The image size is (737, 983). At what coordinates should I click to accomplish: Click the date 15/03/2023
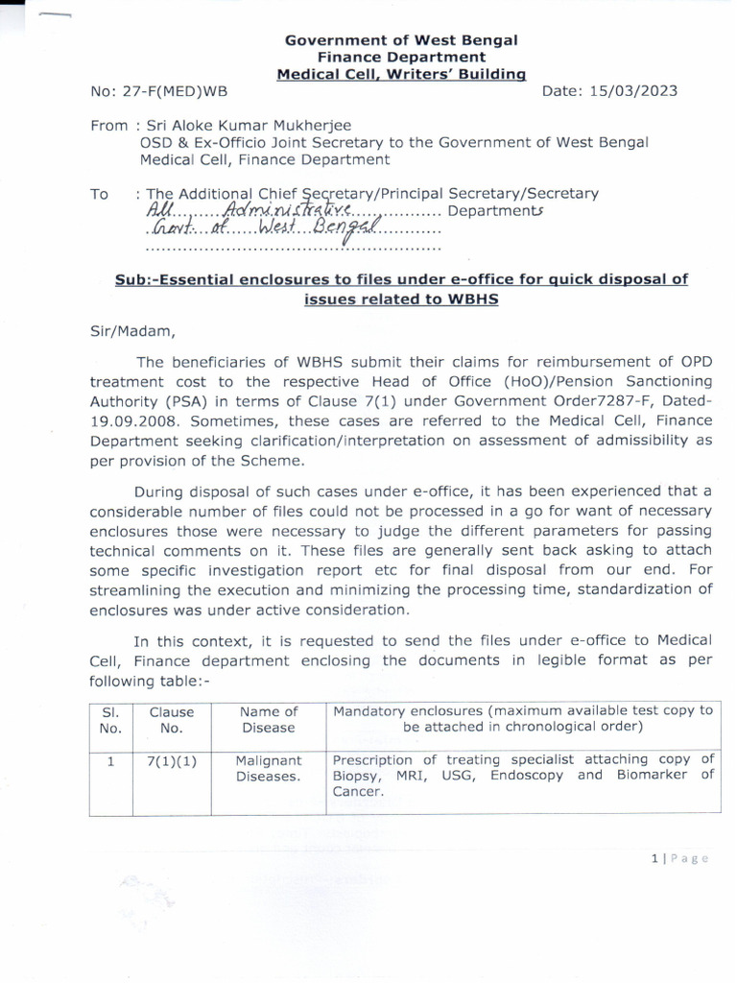click(630, 91)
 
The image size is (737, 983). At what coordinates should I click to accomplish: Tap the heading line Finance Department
click(401, 57)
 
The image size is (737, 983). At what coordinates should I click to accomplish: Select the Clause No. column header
click(172, 719)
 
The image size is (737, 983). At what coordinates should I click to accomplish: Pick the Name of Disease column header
click(269, 719)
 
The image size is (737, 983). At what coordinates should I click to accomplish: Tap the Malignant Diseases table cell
click(269, 768)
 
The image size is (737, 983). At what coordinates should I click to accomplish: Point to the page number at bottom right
click(678, 858)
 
